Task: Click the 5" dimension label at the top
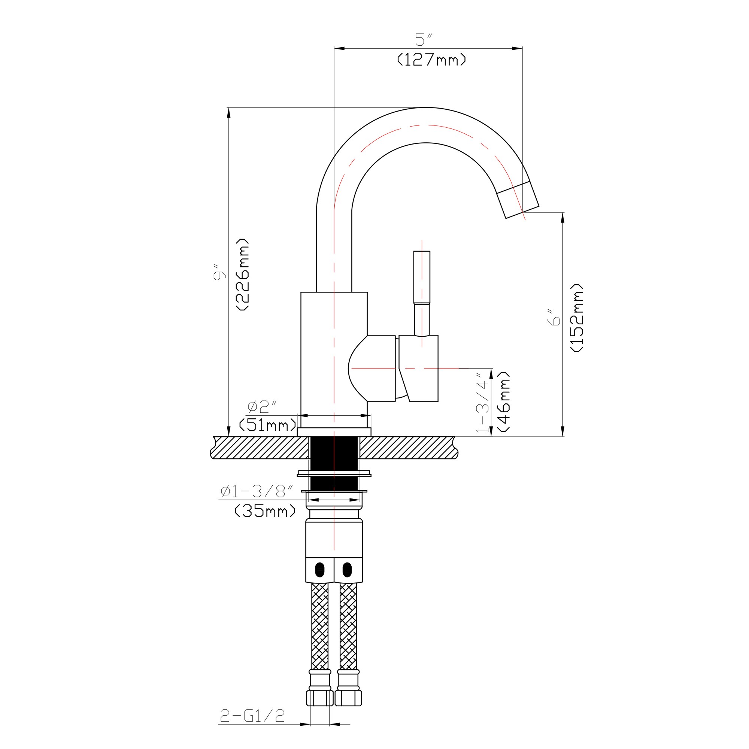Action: point(423,39)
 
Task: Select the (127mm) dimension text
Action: point(431,59)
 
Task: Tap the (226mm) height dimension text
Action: point(243,274)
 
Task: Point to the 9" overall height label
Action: point(219,272)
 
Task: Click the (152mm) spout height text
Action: point(577,318)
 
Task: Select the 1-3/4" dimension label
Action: point(483,403)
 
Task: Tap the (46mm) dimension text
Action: point(503,401)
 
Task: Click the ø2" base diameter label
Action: point(262,407)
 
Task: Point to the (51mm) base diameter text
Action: point(267,425)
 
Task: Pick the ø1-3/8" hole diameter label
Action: point(257,491)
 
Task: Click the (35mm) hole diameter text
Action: point(265,510)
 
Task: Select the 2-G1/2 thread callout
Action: point(252,715)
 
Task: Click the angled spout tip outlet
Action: point(518,200)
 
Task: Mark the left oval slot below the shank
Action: point(320,570)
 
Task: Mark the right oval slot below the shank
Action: point(348,570)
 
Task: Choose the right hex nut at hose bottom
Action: point(348,698)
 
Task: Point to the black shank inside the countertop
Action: point(334,463)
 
